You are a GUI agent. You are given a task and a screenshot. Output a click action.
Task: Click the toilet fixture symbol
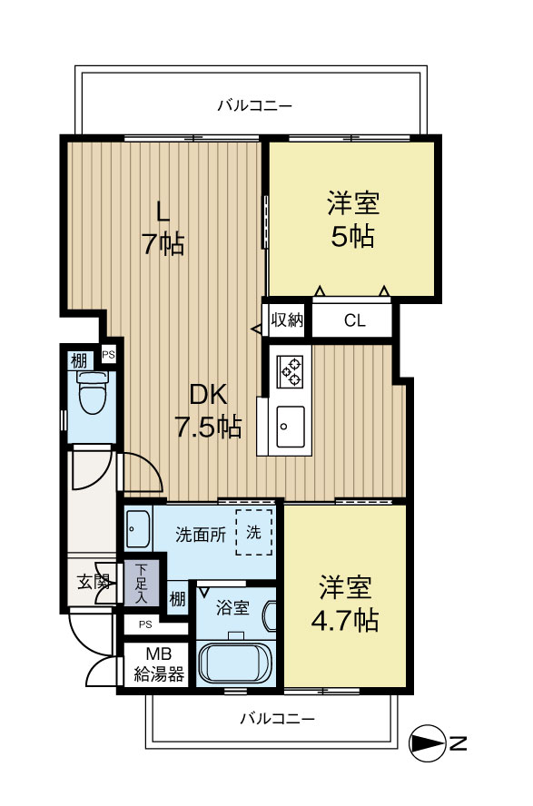pos(91,393)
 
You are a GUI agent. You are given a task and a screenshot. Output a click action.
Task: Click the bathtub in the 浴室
pos(235,662)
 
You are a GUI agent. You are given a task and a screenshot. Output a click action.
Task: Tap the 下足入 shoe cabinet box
pos(141,581)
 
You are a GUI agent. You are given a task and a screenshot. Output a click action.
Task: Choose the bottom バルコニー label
pos(277,719)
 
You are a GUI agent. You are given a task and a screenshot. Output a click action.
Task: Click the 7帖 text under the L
pos(163,243)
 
